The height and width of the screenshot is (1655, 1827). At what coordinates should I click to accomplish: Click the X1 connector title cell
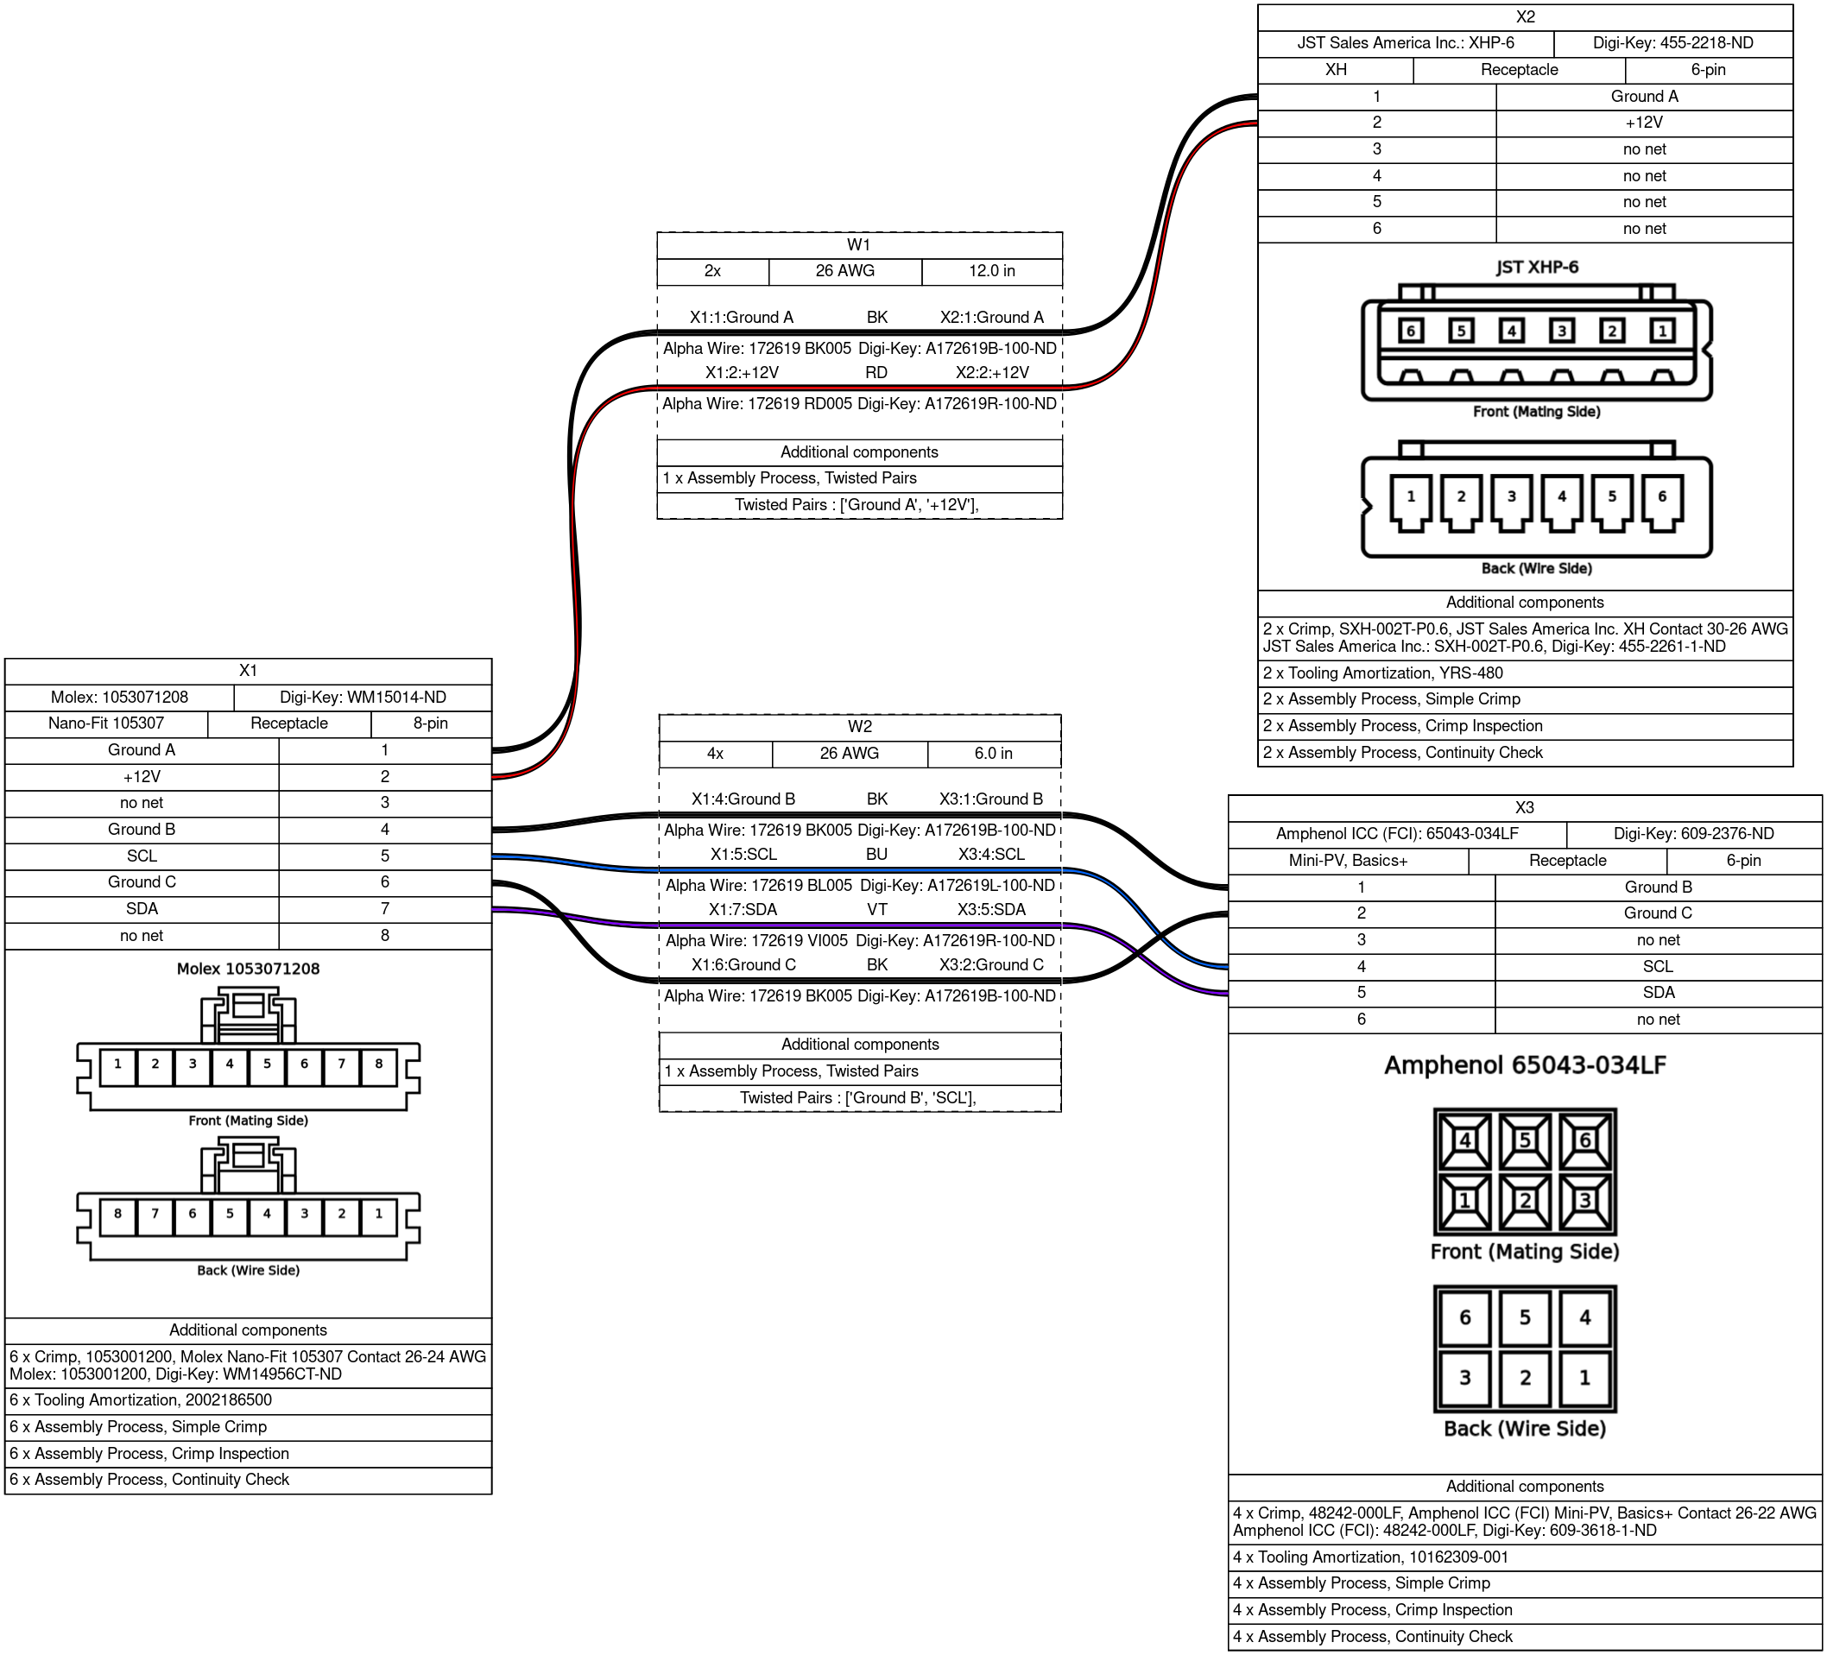pyautogui.click(x=248, y=671)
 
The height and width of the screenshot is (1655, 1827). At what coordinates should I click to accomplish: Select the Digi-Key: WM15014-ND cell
pyautogui.click(x=363, y=697)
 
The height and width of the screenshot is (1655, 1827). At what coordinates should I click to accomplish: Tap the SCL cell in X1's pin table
pyautogui.click(x=142, y=856)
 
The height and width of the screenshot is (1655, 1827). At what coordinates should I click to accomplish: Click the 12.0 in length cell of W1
pyautogui.click(x=991, y=271)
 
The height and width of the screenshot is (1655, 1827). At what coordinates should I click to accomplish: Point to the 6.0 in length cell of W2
pyautogui.click(x=993, y=753)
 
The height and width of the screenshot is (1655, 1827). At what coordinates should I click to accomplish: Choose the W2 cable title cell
pyautogui.click(x=859, y=727)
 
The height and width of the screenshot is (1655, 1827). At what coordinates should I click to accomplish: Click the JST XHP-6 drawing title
pyautogui.click(x=1537, y=268)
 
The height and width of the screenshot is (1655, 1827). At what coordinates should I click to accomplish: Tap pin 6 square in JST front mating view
pyautogui.click(x=1410, y=331)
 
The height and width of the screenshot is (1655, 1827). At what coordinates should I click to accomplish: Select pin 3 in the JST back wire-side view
pyautogui.click(x=1512, y=496)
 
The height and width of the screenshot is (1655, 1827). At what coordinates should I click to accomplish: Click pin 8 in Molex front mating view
pyautogui.click(x=379, y=1064)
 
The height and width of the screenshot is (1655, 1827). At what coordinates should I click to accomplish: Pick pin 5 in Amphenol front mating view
pyautogui.click(x=1524, y=1140)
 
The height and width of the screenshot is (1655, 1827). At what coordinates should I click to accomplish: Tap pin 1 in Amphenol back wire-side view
pyautogui.click(x=1584, y=1378)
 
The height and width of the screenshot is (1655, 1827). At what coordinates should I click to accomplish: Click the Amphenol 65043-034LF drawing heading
pyautogui.click(x=1524, y=1066)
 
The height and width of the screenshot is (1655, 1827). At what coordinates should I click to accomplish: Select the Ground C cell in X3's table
pyautogui.click(x=1658, y=913)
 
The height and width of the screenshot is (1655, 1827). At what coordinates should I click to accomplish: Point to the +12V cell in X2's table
pyautogui.click(x=1644, y=123)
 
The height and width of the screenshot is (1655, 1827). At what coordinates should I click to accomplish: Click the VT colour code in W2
pyautogui.click(x=876, y=909)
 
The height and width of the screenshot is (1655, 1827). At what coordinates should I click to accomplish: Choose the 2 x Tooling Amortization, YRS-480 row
pyautogui.click(x=1524, y=673)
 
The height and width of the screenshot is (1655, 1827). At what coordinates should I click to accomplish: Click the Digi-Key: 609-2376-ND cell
pyautogui.click(x=1693, y=834)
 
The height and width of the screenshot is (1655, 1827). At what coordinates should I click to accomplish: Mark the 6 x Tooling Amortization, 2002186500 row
pyautogui.click(x=248, y=1399)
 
